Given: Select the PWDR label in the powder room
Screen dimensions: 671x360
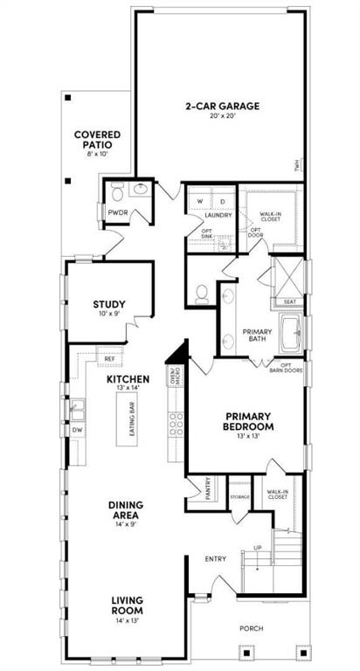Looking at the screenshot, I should (x=118, y=212).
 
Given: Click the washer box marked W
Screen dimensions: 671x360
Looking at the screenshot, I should (x=200, y=201).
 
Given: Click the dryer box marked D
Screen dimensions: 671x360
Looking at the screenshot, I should (x=222, y=201).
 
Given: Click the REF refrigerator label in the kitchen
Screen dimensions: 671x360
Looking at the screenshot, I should (x=109, y=358).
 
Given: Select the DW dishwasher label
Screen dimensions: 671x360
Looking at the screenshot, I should (x=78, y=430).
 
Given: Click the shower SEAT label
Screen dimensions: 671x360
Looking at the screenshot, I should (x=289, y=302).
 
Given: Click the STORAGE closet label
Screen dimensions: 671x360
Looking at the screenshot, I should (x=239, y=497).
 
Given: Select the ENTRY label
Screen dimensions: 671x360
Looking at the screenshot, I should (x=216, y=559).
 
